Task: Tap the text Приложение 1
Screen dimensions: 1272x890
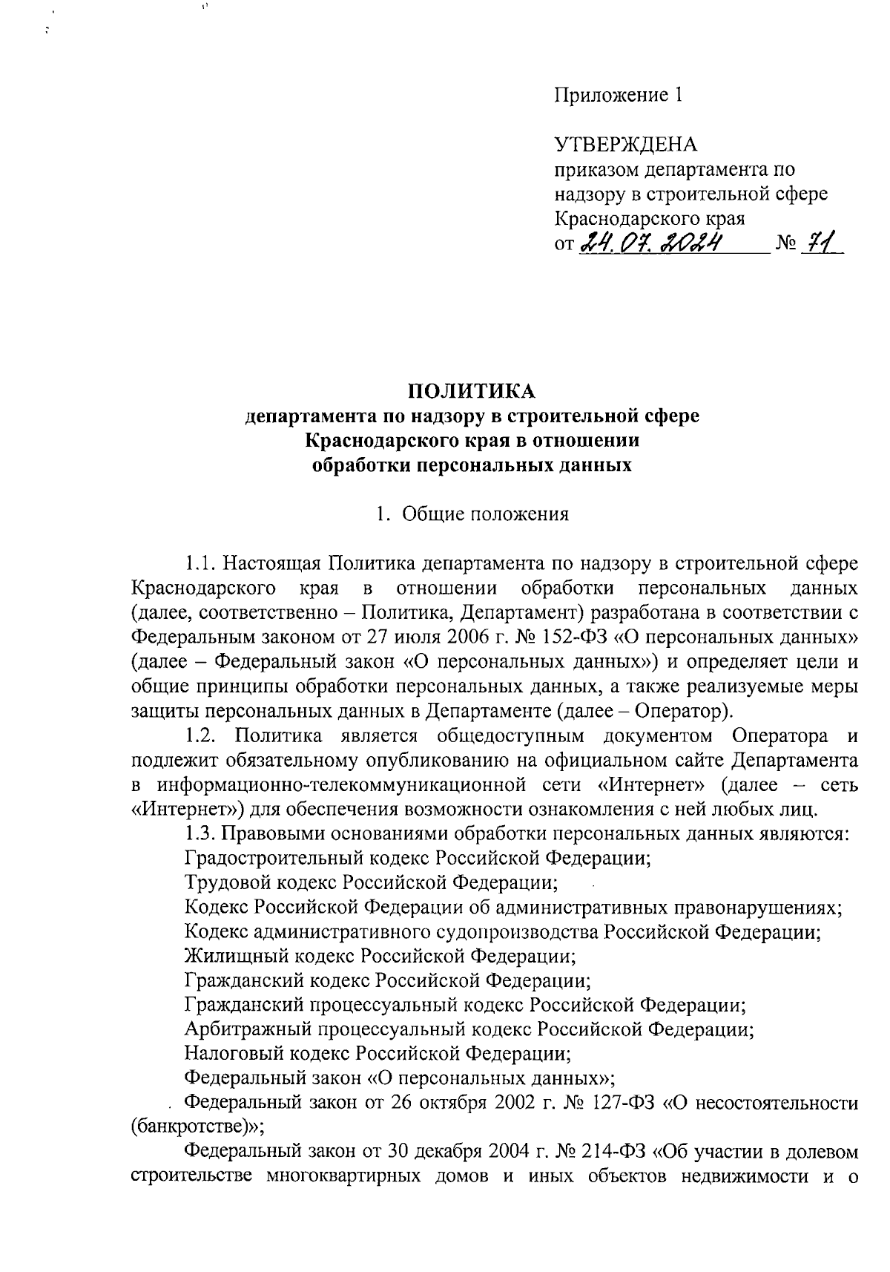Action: click(x=617, y=96)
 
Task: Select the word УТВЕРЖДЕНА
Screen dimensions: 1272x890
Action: click(x=626, y=144)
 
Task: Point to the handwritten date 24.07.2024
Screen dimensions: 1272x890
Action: click(x=653, y=242)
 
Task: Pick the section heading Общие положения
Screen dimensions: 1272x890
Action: click(x=485, y=514)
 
